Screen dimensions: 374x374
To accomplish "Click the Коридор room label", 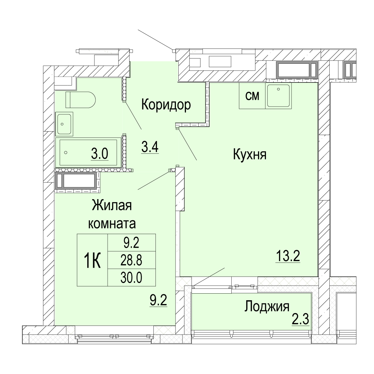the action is point(166,105).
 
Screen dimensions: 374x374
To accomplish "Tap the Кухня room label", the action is point(249,154).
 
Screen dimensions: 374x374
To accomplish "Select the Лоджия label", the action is point(267,307).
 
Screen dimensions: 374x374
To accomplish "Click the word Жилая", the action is point(112,206).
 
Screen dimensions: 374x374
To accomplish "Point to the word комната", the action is point(112,224).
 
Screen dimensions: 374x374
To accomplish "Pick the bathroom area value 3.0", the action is point(100,154).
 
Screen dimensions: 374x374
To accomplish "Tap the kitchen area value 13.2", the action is point(288,256).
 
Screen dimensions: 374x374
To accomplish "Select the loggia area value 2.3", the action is point(301,319).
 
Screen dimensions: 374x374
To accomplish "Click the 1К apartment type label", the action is point(92,260).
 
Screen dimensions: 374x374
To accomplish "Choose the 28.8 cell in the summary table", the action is point(132,260).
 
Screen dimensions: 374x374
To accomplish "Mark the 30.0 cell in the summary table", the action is point(132,278).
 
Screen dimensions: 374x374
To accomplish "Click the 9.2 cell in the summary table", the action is point(132,242).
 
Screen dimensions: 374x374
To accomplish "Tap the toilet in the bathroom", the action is point(80,99).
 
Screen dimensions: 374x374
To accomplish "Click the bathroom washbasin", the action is point(64,124).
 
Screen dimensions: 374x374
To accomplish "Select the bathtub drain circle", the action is point(66,152).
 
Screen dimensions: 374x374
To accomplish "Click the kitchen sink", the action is point(278,96).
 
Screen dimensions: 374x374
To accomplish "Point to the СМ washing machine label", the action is point(252,96).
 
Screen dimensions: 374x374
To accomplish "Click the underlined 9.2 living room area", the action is point(158,300).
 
